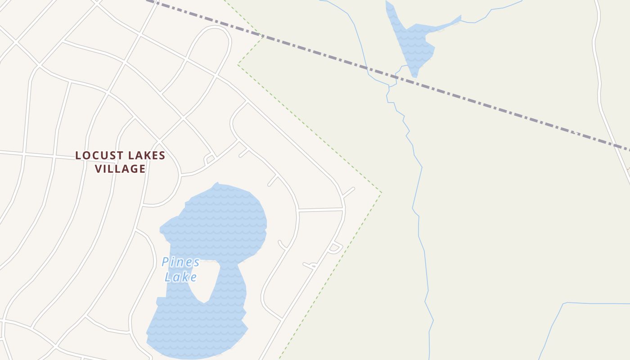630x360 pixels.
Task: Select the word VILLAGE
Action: [120, 169]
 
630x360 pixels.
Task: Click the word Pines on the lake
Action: [180, 262]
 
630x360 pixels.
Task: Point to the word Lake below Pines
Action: [180, 277]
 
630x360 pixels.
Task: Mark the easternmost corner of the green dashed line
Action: [381, 193]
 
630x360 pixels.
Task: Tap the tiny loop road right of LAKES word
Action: [209, 159]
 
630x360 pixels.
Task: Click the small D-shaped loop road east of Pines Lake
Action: [335, 247]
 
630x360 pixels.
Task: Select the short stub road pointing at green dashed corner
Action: [349, 192]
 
